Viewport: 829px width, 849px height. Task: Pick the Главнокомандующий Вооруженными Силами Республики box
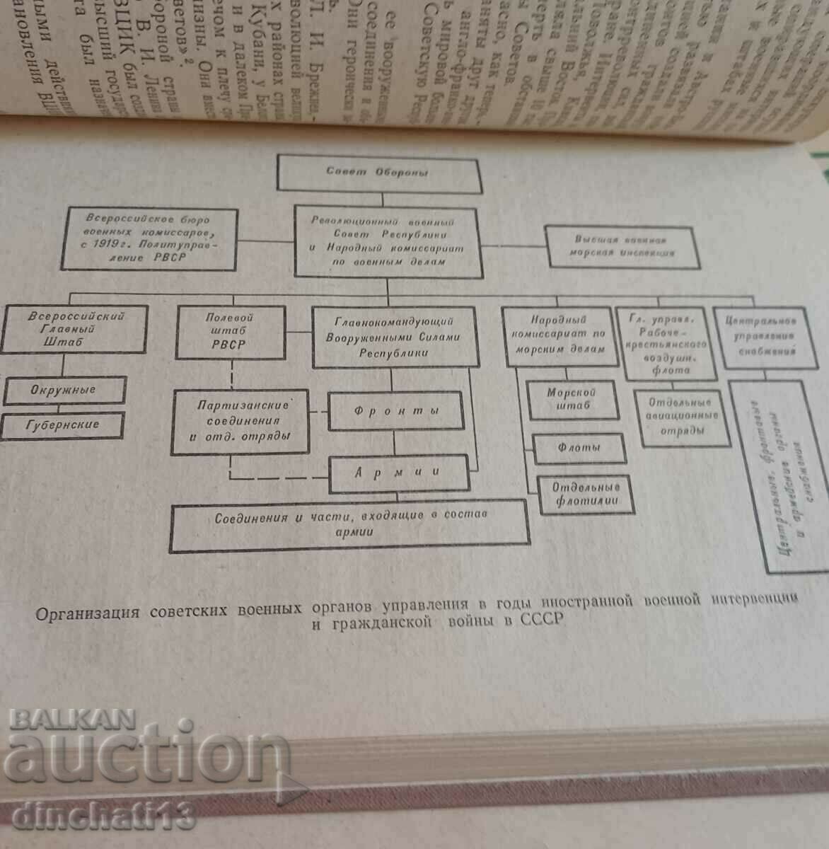coord(393,337)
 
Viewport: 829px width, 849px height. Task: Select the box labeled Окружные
coord(64,390)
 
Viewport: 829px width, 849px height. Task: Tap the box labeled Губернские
coord(64,425)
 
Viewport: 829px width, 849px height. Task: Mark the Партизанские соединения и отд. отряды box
coord(240,422)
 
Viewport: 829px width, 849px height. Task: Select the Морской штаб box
coord(572,399)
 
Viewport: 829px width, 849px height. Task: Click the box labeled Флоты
coord(579,448)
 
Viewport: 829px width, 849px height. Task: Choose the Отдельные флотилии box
coord(586,495)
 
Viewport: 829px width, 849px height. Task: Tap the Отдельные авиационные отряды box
coord(682,417)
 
